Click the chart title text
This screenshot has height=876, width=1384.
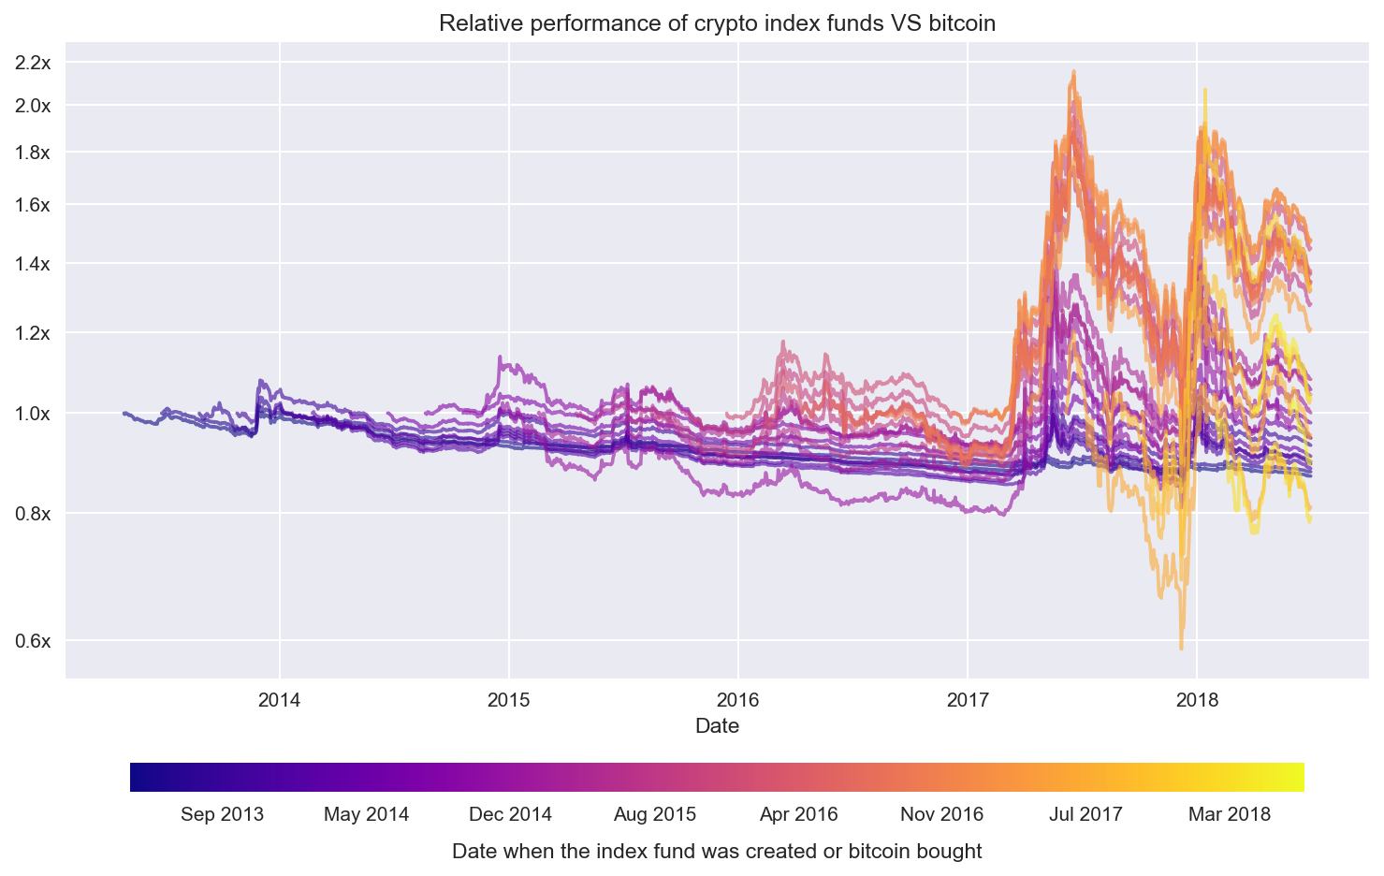point(717,22)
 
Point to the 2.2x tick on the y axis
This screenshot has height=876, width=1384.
point(34,63)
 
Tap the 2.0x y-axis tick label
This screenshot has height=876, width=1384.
point(34,105)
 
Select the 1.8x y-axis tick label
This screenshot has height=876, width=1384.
point(34,152)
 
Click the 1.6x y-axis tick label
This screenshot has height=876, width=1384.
point(34,204)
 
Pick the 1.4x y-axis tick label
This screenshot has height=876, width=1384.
point(34,264)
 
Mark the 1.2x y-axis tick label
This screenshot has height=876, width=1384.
point(34,332)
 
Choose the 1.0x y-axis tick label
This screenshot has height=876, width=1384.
point(34,413)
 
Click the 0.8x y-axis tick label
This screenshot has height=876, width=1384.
point(34,513)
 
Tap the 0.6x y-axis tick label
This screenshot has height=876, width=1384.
point(34,641)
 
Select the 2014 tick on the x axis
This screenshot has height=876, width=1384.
point(279,699)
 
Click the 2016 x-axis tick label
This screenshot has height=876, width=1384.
point(738,699)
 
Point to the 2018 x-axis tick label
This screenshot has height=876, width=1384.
point(1197,699)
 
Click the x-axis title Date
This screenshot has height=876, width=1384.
point(717,726)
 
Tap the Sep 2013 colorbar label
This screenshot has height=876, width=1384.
point(222,814)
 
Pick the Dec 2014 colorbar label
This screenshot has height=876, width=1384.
point(510,814)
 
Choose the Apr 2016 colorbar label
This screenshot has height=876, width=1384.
point(798,814)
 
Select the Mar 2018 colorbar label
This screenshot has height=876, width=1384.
point(1230,814)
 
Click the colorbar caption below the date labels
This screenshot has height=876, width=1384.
point(717,852)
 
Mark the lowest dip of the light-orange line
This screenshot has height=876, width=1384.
point(1181,648)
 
